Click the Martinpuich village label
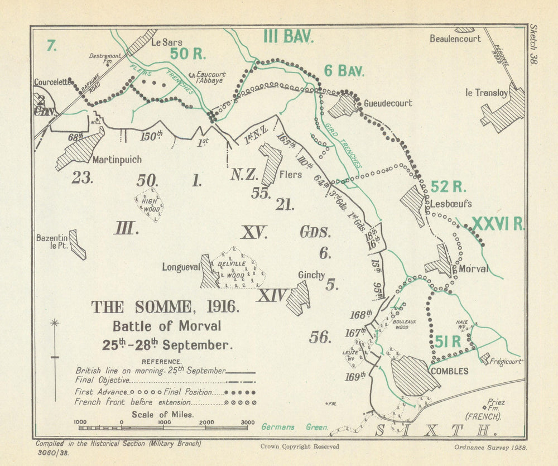pos(117,160)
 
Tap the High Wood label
pos(149,205)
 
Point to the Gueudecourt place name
pos(388,103)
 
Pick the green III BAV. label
pos(288,37)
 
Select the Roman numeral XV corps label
pos(254,232)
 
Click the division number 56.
pos(320,337)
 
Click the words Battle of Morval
pos(167,326)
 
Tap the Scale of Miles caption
pos(162,414)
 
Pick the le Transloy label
pos(486,93)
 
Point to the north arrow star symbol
pos(55,323)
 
